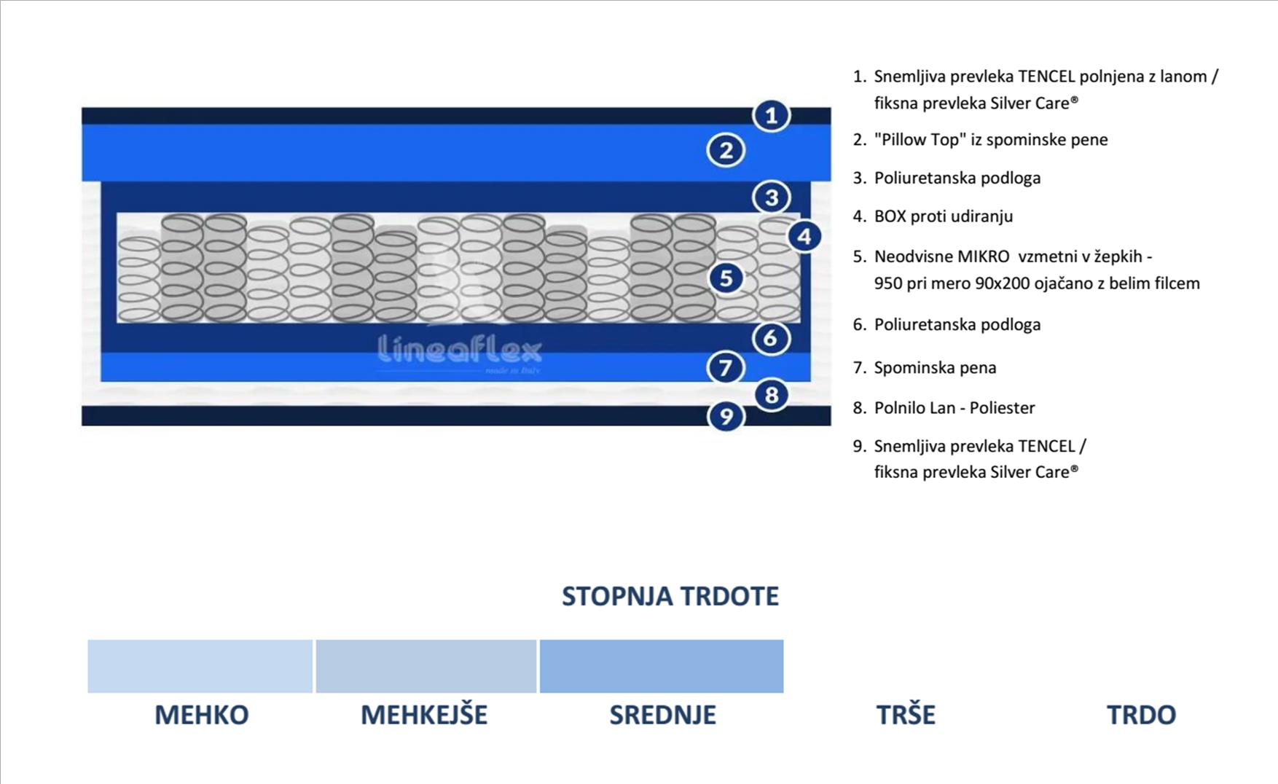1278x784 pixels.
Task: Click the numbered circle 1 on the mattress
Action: coord(771,115)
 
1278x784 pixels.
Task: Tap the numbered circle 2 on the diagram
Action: coord(726,151)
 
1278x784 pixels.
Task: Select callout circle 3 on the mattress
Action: coord(771,197)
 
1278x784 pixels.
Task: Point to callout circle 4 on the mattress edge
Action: coord(804,236)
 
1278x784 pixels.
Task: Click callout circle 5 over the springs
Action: coord(726,278)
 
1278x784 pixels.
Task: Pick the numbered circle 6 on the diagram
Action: coord(771,338)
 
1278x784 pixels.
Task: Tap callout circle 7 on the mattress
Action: coord(726,367)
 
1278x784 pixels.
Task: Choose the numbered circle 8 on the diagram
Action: coord(771,396)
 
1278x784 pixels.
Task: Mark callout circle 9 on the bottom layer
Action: coord(726,416)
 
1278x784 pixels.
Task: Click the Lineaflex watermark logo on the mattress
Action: coord(460,350)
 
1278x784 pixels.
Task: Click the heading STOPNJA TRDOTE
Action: coord(670,597)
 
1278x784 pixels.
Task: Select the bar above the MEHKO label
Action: coord(200,666)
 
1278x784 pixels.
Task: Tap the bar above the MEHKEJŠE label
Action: coord(426,666)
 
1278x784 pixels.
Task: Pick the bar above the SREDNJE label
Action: coord(662,666)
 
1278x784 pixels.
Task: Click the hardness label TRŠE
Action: coord(906,715)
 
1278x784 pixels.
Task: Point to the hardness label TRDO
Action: coord(1141,715)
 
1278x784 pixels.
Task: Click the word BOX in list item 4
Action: coord(890,216)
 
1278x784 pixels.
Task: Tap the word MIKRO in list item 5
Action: coord(983,256)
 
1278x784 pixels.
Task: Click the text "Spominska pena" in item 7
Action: coord(935,368)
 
